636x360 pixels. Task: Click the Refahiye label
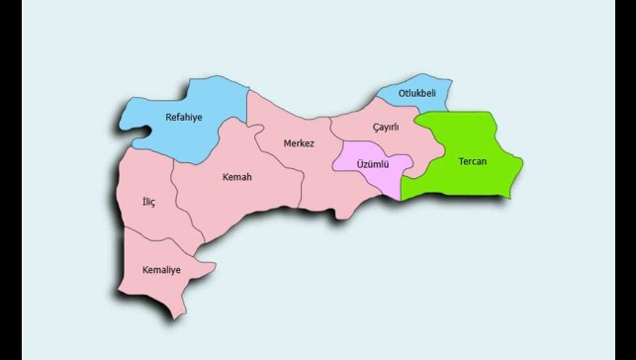point(183,117)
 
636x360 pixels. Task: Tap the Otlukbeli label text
point(416,93)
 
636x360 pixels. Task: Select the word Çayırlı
point(386,128)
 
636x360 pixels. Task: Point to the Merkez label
point(299,143)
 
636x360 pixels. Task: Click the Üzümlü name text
point(372,163)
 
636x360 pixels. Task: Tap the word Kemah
point(237,177)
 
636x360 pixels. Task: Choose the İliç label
point(148,203)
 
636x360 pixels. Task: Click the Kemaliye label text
point(161,270)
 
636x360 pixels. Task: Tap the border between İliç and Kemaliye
point(158,237)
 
